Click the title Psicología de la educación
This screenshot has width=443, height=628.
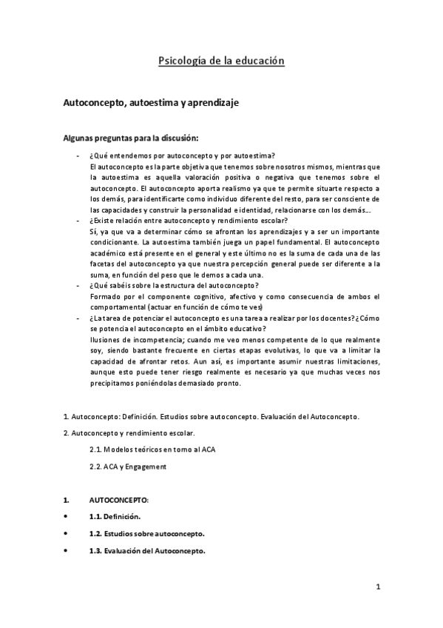221,62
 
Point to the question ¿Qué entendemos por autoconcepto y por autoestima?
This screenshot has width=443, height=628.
181,155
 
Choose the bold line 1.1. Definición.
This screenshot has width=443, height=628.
113,515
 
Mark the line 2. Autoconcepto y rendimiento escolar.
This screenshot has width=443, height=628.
129,432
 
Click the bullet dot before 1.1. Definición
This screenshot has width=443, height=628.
67,515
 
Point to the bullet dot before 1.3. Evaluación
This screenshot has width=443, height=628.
67,551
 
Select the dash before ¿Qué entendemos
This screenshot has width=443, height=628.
78,156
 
